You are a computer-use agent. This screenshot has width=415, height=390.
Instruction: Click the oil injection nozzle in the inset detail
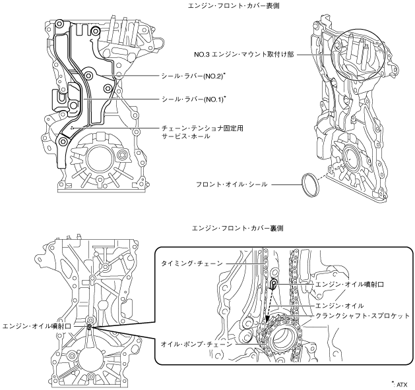click(272, 284)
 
